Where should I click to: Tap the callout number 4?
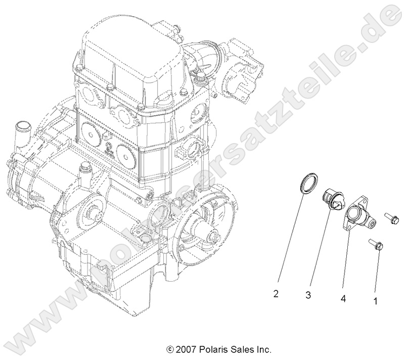coord(343,299)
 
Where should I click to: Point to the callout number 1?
coord(375,300)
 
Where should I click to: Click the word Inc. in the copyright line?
coord(263,349)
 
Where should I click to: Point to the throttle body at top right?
coord(238,71)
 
